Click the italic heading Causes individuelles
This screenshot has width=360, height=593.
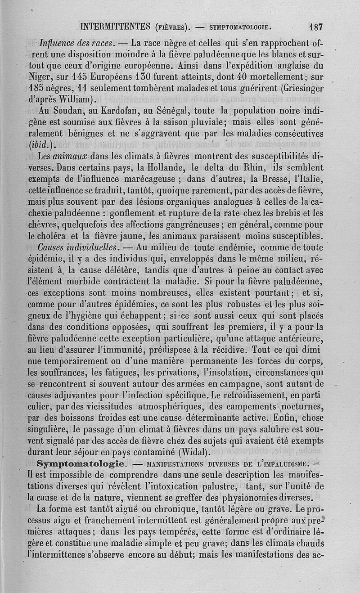point(79,247)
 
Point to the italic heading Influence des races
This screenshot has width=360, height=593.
point(78,44)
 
